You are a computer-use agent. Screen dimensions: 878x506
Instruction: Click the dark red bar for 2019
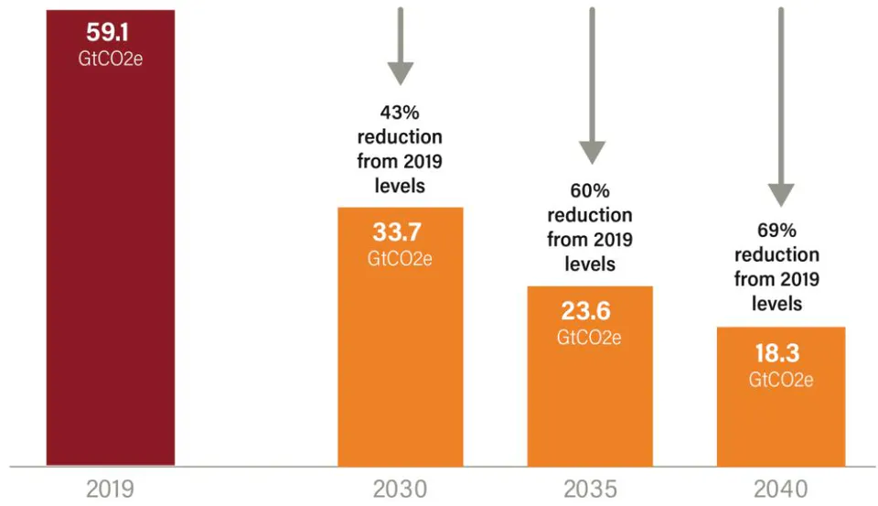[x=111, y=238]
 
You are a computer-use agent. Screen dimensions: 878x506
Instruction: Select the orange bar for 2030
[x=401, y=337]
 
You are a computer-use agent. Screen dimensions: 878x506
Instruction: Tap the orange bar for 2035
[x=590, y=376]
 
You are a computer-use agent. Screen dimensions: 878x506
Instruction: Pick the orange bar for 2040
[x=781, y=396]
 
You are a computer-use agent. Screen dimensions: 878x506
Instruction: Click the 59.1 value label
[x=108, y=33]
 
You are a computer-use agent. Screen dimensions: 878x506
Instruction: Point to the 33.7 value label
[x=398, y=232]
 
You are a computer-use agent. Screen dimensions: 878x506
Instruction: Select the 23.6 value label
[x=586, y=311]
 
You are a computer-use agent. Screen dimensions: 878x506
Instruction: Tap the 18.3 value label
[x=777, y=353]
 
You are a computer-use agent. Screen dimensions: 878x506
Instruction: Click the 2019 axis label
[x=111, y=490]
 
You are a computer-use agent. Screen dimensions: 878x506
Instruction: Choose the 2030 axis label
[x=401, y=490]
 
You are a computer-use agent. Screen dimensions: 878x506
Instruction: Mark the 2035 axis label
[x=590, y=490]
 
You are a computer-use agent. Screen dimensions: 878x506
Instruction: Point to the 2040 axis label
[x=781, y=490]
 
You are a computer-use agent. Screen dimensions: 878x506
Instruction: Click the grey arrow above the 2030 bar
[x=401, y=47]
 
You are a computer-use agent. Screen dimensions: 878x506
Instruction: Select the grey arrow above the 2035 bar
[x=592, y=86]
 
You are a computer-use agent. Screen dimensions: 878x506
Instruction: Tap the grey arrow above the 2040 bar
[x=781, y=107]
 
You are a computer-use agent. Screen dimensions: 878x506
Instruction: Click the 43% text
[x=400, y=113]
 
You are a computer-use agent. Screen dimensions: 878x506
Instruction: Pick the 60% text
[x=590, y=190]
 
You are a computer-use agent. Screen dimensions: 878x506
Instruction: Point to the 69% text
[x=776, y=231]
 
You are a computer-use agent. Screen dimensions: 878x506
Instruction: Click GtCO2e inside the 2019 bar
[x=111, y=59]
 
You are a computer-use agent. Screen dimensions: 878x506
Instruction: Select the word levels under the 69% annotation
[x=776, y=304]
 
